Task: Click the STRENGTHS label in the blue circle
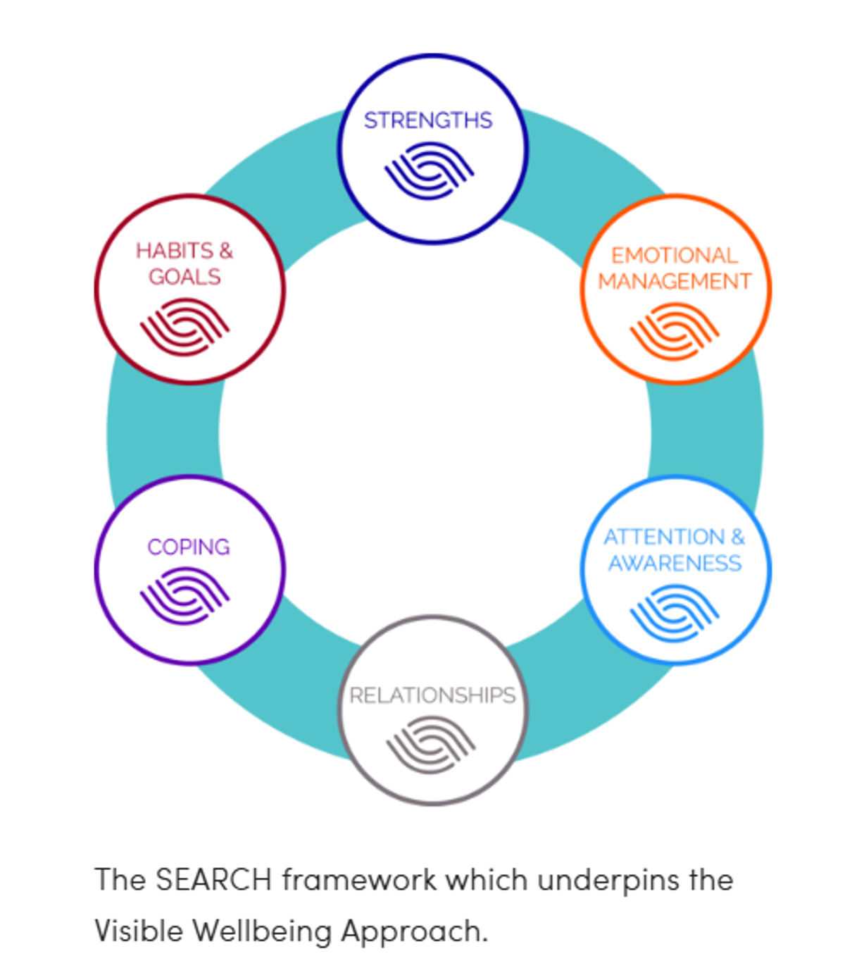tap(428, 120)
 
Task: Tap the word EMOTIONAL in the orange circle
tap(674, 255)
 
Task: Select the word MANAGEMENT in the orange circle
tap(675, 281)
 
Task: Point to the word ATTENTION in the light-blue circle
tap(664, 537)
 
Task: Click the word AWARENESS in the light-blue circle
tap(675, 563)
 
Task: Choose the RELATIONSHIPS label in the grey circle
tap(432, 695)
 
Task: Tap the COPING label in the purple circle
tap(188, 547)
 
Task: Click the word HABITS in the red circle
tap(174, 251)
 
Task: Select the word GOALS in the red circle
tap(184, 277)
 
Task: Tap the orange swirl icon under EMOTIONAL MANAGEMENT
tap(674, 330)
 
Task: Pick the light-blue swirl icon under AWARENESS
tap(674, 612)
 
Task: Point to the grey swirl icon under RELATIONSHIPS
tap(431, 744)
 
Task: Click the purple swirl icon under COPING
tap(185, 595)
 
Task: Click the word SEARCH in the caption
tap(213, 880)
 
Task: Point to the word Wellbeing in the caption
tap(262, 931)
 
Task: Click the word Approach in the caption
tap(414, 932)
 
